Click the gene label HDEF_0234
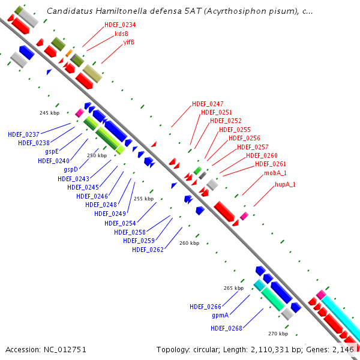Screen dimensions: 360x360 pyautogui.click(x=119, y=25)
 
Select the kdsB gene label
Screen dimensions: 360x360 pyautogui.click(x=122, y=34)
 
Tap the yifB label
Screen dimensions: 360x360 pyautogui.click(x=128, y=42)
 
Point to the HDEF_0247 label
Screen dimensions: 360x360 pyautogui.click(x=208, y=104)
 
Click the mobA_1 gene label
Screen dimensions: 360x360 pyautogui.click(x=275, y=173)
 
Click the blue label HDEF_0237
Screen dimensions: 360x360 pyautogui.click(x=23, y=134)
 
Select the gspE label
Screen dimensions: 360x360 pyautogui.click(x=52, y=152)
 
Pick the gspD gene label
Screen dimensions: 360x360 pyautogui.click(x=71, y=170)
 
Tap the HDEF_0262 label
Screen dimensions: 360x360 pyautogui.click(x=148, y=250)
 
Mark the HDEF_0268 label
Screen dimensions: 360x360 pyautogui.click(x=226, y=328)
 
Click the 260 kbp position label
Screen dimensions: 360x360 pyautogui.click(x=189, y=243)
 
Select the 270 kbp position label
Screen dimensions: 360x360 pyautogui.click(x=278, y=334)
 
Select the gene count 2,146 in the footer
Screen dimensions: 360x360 pyautogui.click(x=343, y=349)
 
